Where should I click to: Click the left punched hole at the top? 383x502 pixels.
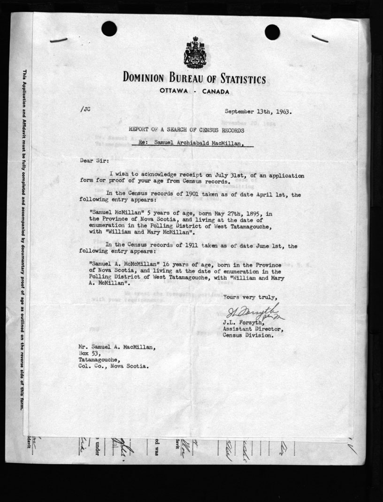[109, 29]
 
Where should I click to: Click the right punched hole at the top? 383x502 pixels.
[272, 32]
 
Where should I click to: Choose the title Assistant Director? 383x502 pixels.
[253, 329]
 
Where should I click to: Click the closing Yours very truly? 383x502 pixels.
[250, 297]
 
